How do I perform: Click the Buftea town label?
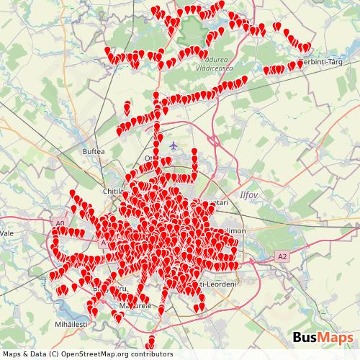click(94, 152)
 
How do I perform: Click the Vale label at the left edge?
click(7, 234)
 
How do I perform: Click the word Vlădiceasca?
click(215, 67)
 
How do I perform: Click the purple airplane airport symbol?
click(172, 146)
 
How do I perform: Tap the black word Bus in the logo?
click(307, 337)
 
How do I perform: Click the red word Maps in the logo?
click(336, 337)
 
